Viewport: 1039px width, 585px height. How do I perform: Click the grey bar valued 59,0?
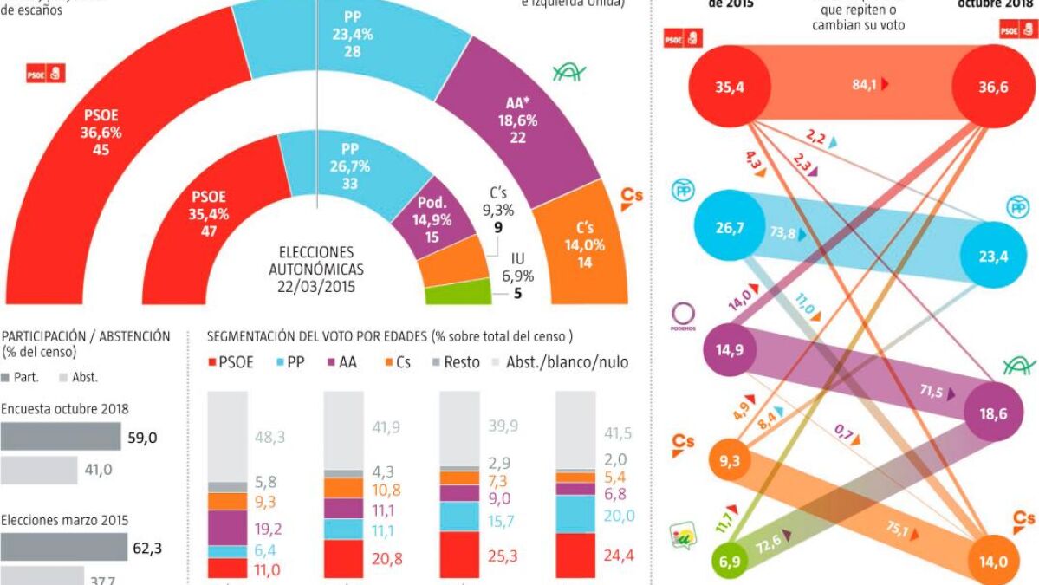coord(61,437)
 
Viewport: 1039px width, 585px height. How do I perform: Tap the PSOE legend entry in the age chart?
coord(231,361)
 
